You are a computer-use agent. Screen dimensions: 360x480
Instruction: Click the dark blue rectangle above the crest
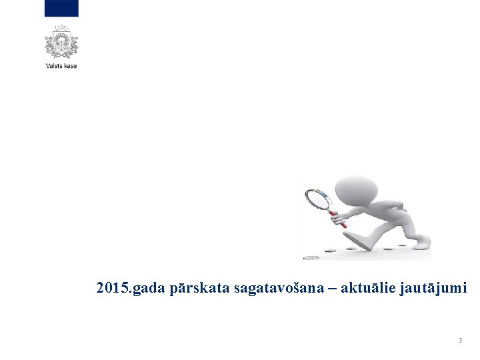[x=61, y=8]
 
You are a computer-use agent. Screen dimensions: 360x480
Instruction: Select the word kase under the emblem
[x=70, y=66]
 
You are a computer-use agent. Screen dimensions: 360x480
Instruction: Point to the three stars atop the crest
[x=61, y=27]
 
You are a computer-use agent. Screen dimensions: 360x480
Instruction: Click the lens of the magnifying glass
[x=317, y=198]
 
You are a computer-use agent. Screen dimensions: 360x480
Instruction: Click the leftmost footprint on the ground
[x=311, y=257]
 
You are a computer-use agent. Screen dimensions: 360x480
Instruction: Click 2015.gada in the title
[x=124, y=289]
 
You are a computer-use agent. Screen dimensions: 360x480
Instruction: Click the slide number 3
[x=459, y=341]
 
